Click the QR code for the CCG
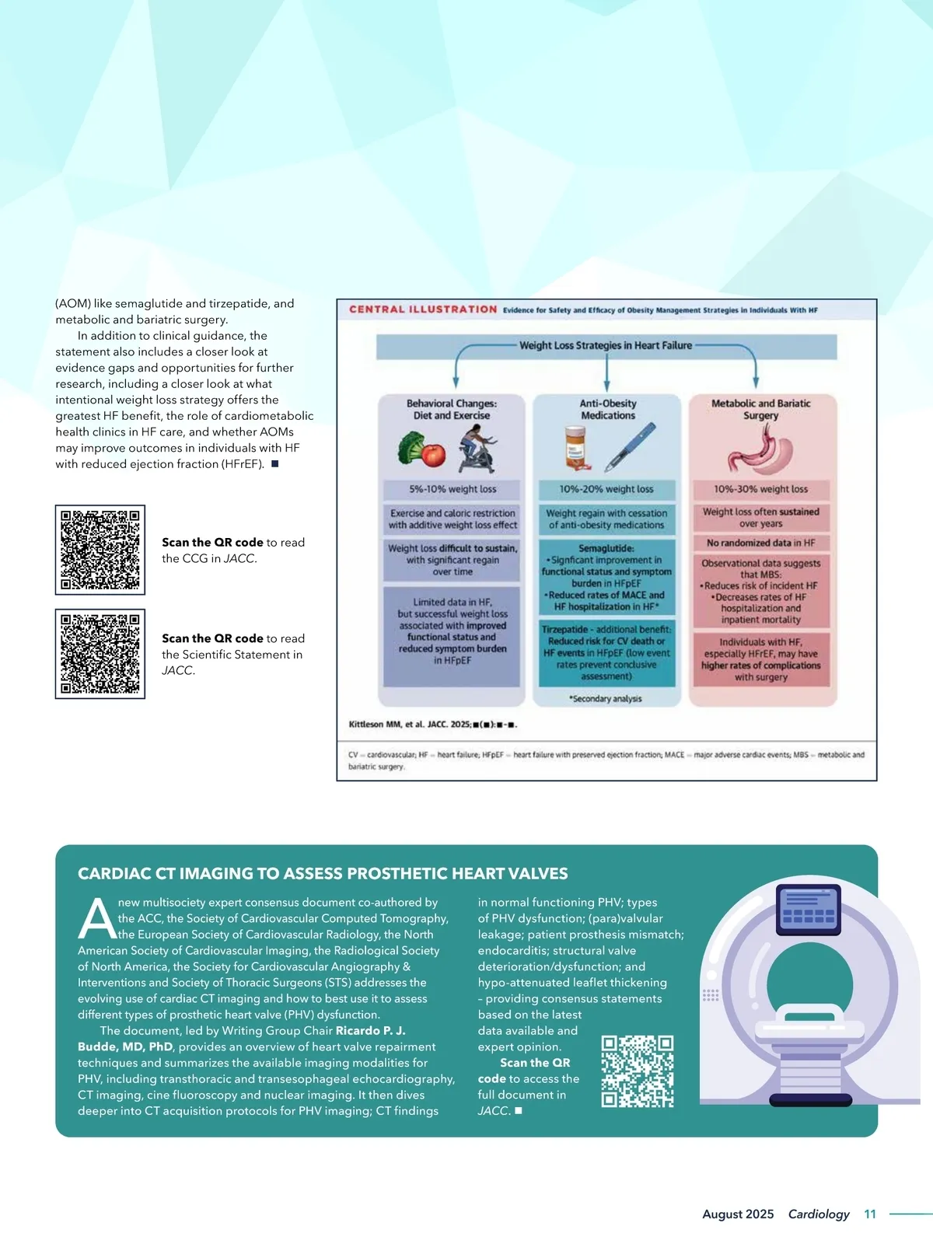pos(100,550)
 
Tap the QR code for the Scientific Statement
pos(100,654)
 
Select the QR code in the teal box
pos(638,1071)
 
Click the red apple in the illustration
pos(433,453)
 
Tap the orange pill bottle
pos(575,447)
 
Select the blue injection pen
pos(631,447)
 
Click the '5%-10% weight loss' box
pos(452,489)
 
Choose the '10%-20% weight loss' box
pos(606,489)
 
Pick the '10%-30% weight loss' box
pos(761,489)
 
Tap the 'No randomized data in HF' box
pos(761,543)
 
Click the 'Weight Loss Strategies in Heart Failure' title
pos(606,345)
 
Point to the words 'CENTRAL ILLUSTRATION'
pos(423,309)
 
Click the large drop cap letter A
pos(97,919)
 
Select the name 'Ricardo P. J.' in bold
pos(370,1030)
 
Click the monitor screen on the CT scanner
pos(809,910)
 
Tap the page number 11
pos(870,1214)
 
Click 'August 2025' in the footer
pos(738,1214)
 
